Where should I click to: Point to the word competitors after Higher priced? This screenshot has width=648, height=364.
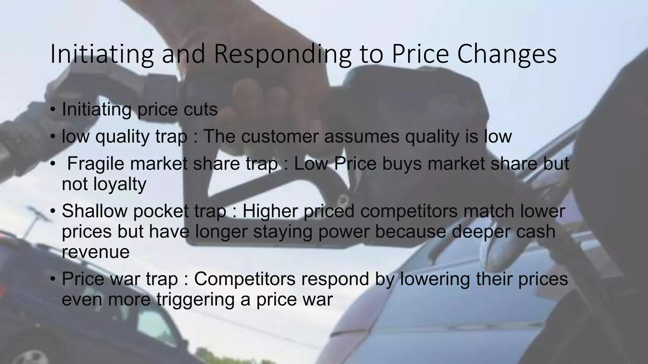point(408,211)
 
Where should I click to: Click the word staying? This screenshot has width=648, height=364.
point(283,231)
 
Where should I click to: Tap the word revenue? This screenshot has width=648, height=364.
point(96,252)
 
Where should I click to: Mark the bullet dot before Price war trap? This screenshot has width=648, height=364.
point(53,279)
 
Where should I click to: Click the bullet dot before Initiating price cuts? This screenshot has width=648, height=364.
point(53,110)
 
